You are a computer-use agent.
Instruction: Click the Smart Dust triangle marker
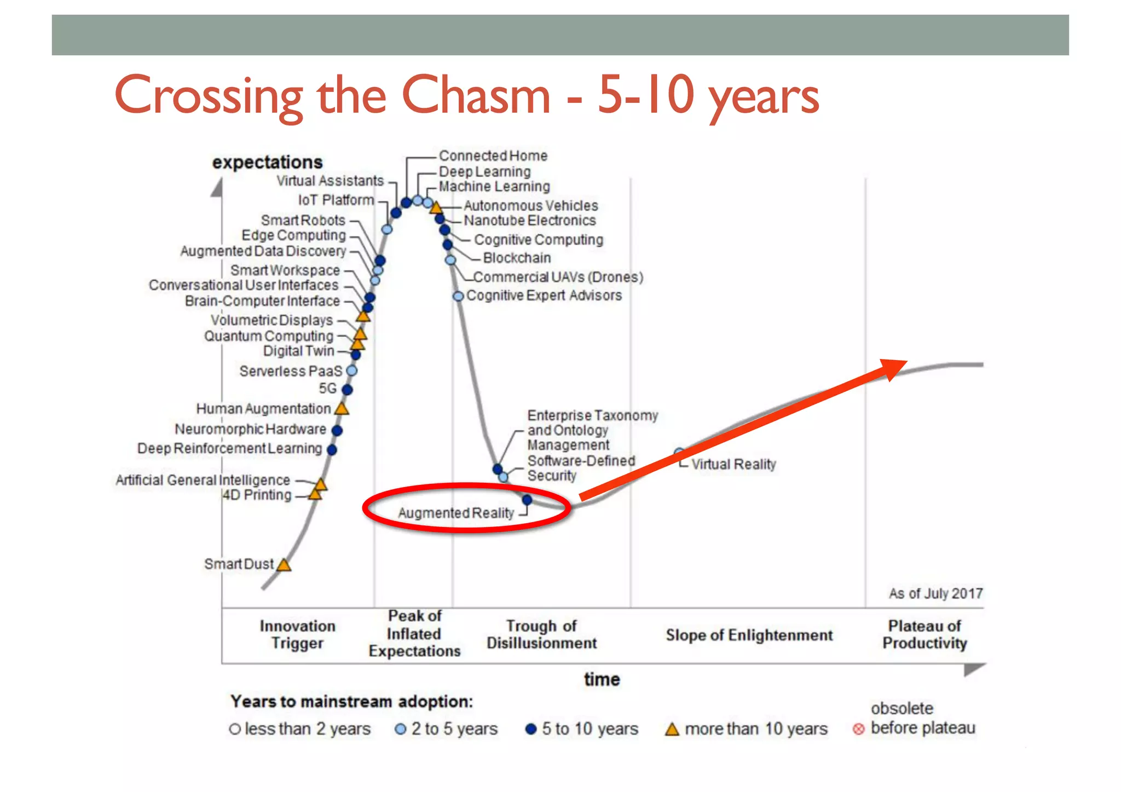284,565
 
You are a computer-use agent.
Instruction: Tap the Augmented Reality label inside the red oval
455,513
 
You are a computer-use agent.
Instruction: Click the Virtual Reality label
733,464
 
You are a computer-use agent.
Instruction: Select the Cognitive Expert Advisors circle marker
458,296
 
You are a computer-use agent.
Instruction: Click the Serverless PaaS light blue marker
352,371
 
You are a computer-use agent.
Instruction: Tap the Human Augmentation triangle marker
342,408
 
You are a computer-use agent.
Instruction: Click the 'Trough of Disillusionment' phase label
541,634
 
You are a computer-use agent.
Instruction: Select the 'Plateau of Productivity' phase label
924,634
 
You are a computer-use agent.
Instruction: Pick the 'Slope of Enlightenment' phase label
749,635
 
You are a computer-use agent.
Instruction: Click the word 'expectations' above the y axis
267,162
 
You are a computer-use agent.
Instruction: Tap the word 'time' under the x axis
602,679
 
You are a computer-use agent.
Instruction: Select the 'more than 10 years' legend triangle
672,730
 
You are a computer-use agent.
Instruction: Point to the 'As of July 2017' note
935,593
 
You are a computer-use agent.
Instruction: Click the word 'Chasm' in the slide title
476,95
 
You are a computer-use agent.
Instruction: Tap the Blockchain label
517,258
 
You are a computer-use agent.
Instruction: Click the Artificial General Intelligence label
203,480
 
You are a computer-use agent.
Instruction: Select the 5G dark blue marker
347,390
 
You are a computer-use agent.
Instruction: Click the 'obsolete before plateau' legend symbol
858,729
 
